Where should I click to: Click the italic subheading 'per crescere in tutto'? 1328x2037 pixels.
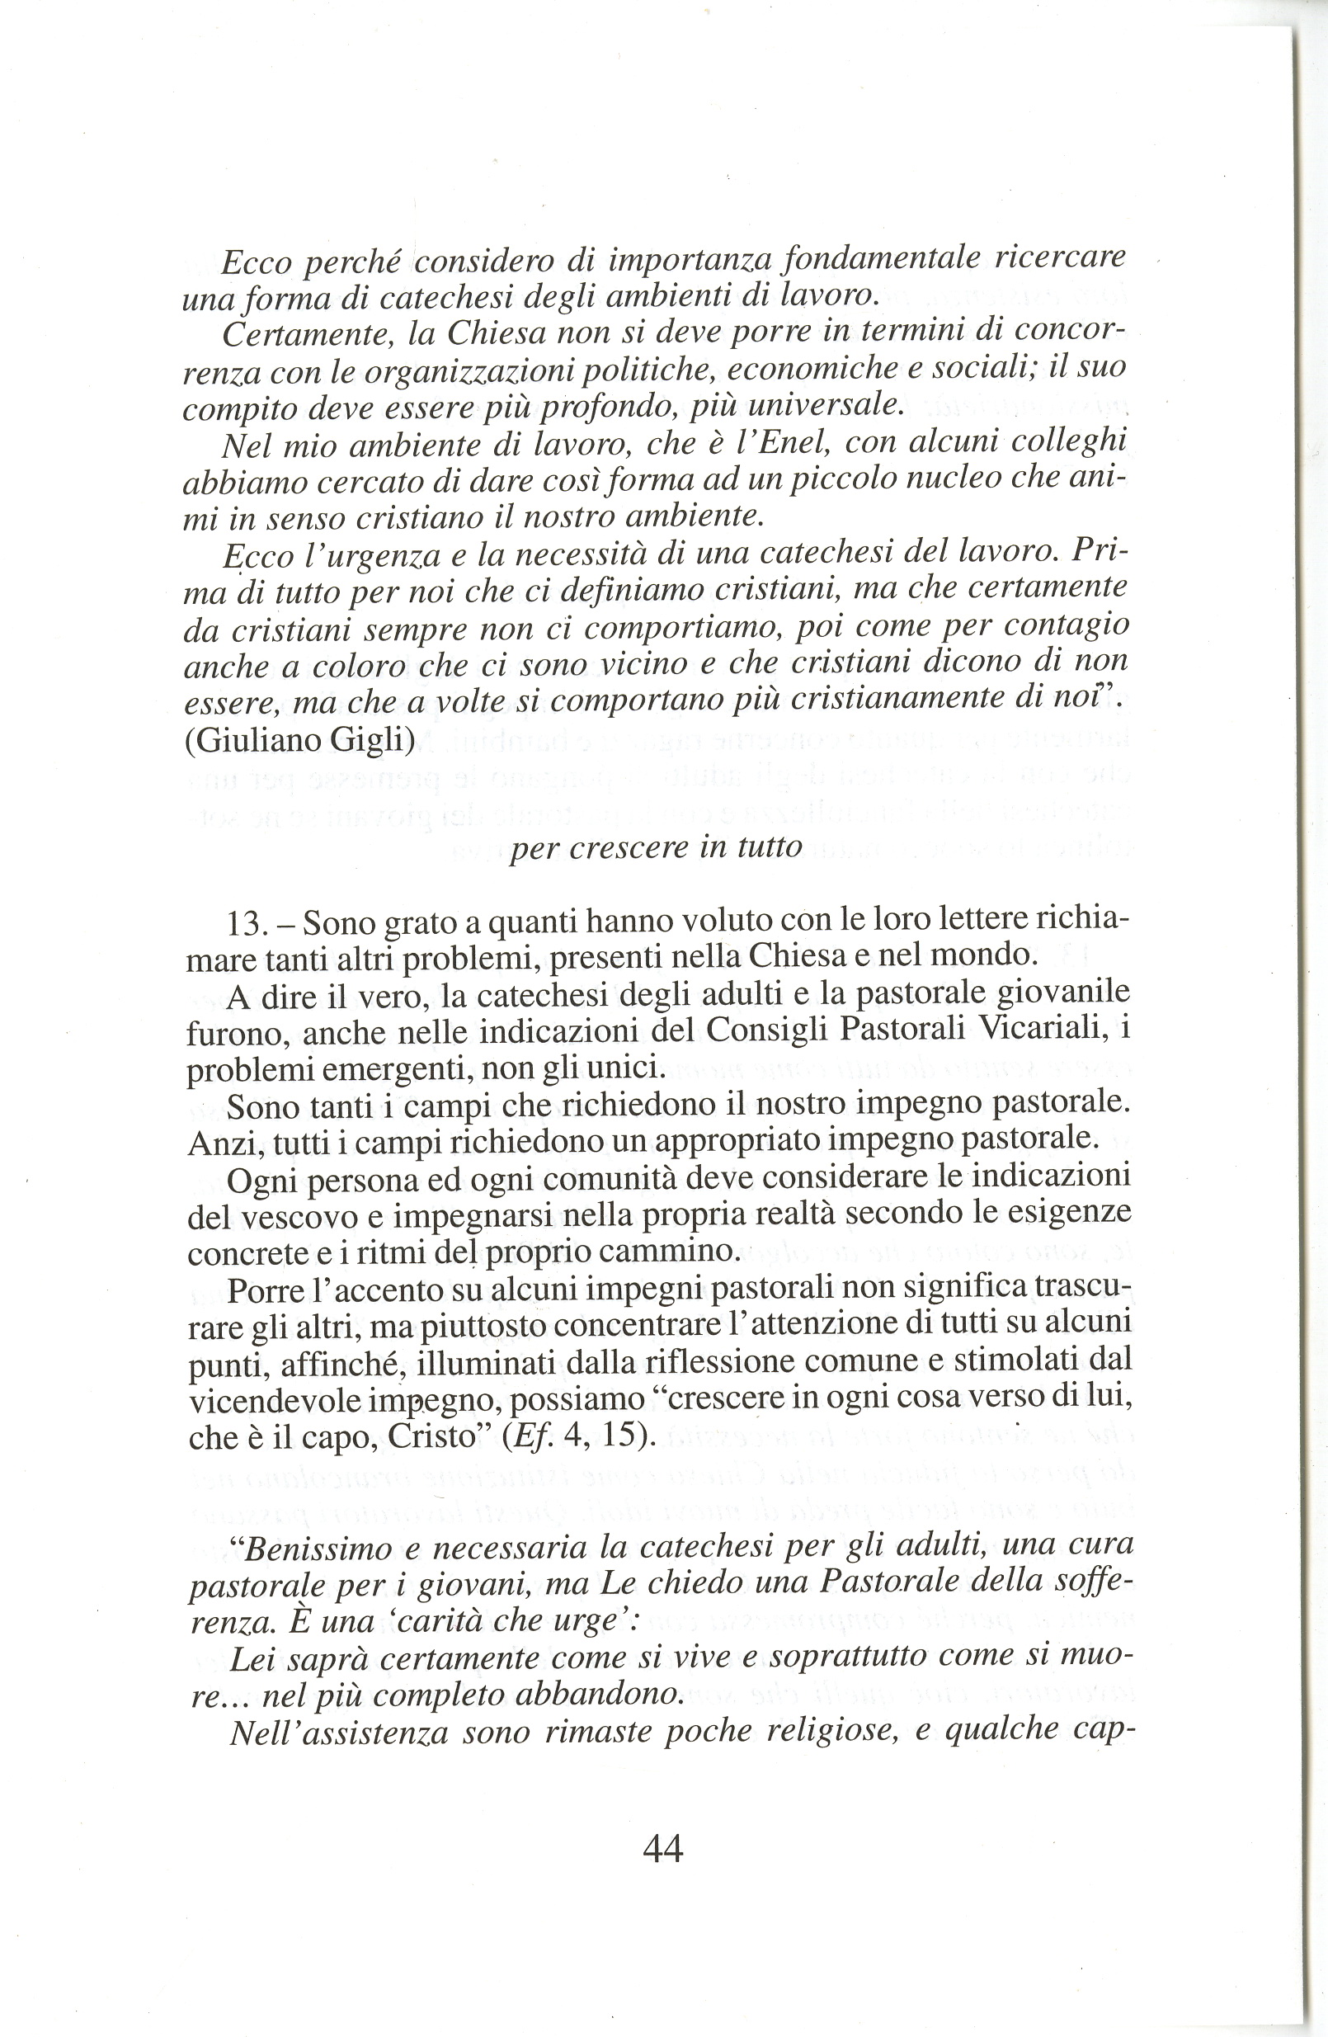click(x=656, y=846)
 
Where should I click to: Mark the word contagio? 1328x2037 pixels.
click(x=1066, y=625)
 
